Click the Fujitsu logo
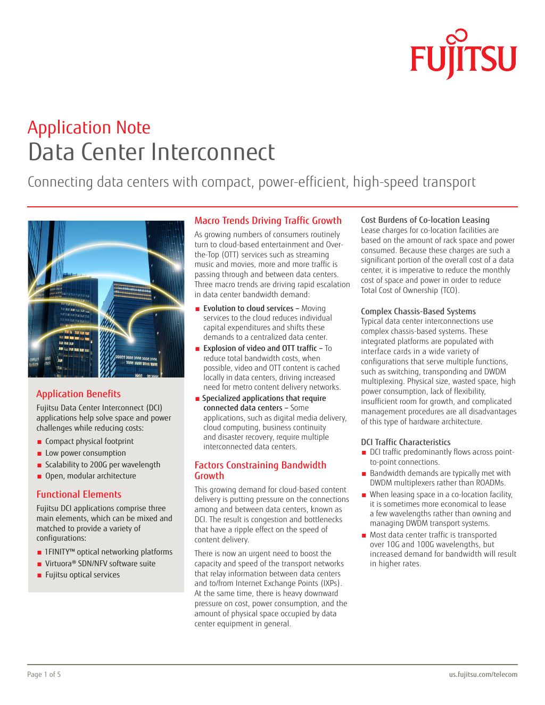[463, 55]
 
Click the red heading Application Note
[89, 128]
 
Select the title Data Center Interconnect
[151, 152]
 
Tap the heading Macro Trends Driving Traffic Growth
[268, 221]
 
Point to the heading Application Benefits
[78, 394]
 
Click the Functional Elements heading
[79, 494]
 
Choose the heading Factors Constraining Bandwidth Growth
[260, 470]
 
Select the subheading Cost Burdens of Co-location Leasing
[425, 220]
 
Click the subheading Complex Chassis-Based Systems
[418, 312]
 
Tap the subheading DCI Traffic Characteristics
[405, 442]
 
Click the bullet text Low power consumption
[85, 453]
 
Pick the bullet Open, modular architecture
[90, 476]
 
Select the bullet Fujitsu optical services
[82, 575]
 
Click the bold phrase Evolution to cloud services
[248, 308]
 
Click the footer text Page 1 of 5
[44, 674]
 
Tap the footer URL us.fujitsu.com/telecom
[483, 674]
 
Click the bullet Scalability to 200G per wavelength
[102, 465]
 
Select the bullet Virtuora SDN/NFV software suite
[100, 564]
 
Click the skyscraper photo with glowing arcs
[106, 299]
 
